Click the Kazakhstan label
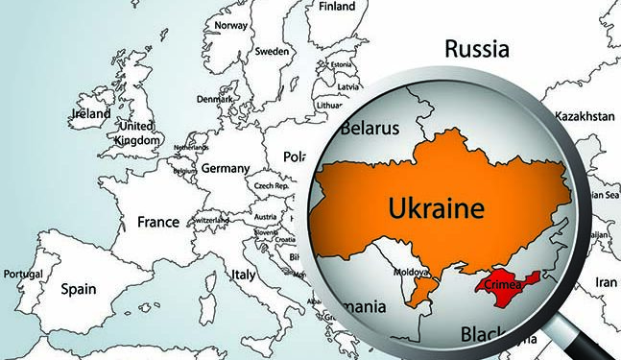pos(585,114)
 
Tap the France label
pos(158,221)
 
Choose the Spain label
pos(79,287)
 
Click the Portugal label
pos(22,274)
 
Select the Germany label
pos(225,168)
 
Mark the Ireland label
pos(91,113)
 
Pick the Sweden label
pos(274,50)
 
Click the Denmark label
pos(213,99)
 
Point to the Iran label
pos(606,283)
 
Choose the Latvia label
pos(348,86)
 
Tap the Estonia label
pos(342,64)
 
